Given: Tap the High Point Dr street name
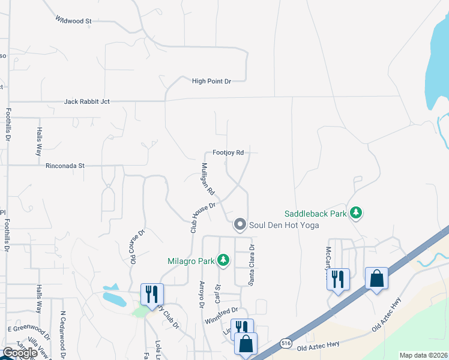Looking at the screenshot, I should (211, 81).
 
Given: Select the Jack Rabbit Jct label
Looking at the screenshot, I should (87, 102).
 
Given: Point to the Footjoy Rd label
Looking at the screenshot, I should (228, 153).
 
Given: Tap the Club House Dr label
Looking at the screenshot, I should (203, 217).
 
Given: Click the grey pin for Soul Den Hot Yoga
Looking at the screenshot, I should (240, 225).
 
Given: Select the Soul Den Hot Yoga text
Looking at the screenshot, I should (284, 225).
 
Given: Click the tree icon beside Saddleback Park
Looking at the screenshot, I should (357, 213).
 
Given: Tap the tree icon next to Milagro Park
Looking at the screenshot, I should (223, 260).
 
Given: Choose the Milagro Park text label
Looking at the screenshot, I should (190, 260).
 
